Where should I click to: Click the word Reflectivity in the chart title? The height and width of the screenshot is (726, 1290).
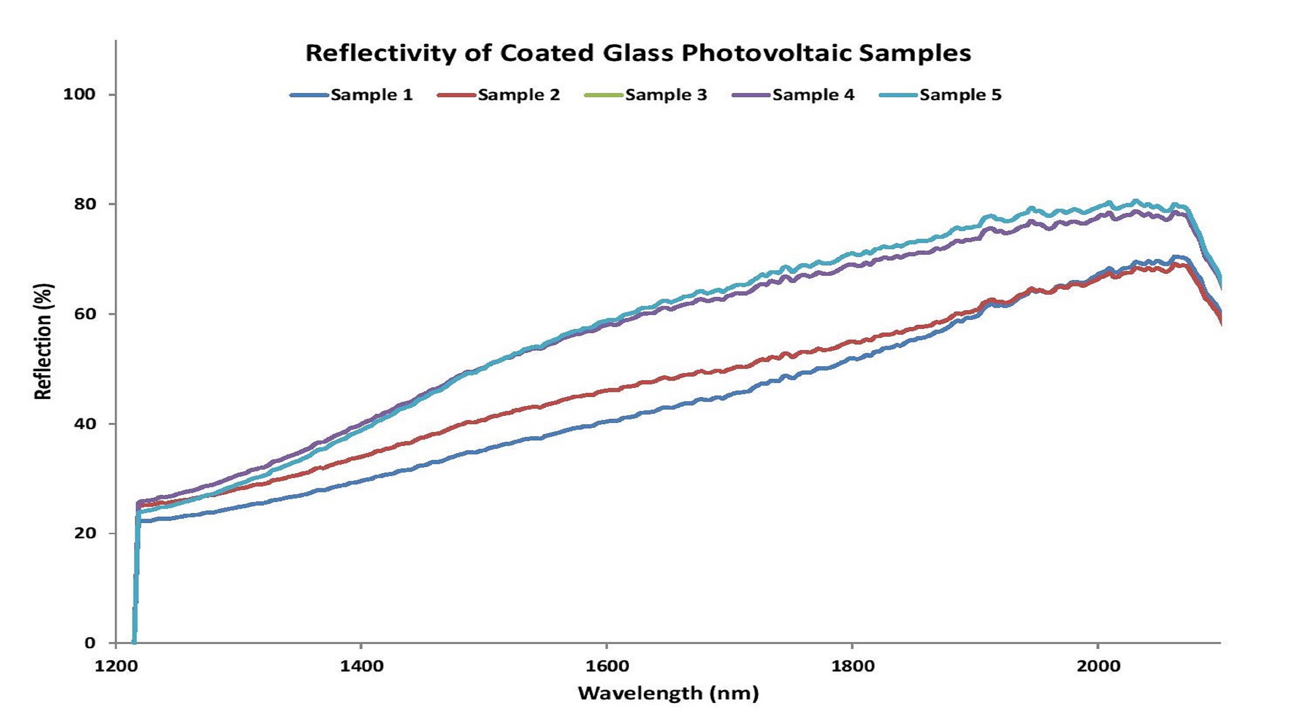pos(381,54)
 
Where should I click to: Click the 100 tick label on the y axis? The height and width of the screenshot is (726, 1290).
pos(79,94)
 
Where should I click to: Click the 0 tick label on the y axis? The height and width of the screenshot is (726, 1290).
pos(90,643)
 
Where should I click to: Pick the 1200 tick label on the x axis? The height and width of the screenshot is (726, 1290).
pos(117,666)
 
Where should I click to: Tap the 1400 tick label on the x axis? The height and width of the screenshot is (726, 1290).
pos(361,666)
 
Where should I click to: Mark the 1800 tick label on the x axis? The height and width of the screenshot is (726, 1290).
pos(852,666)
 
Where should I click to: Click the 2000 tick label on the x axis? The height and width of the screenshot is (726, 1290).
pos(1098,666)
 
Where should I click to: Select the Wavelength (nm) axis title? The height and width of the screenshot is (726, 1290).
pos(668,693)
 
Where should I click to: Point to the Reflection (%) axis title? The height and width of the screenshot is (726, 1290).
pos(44,341)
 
